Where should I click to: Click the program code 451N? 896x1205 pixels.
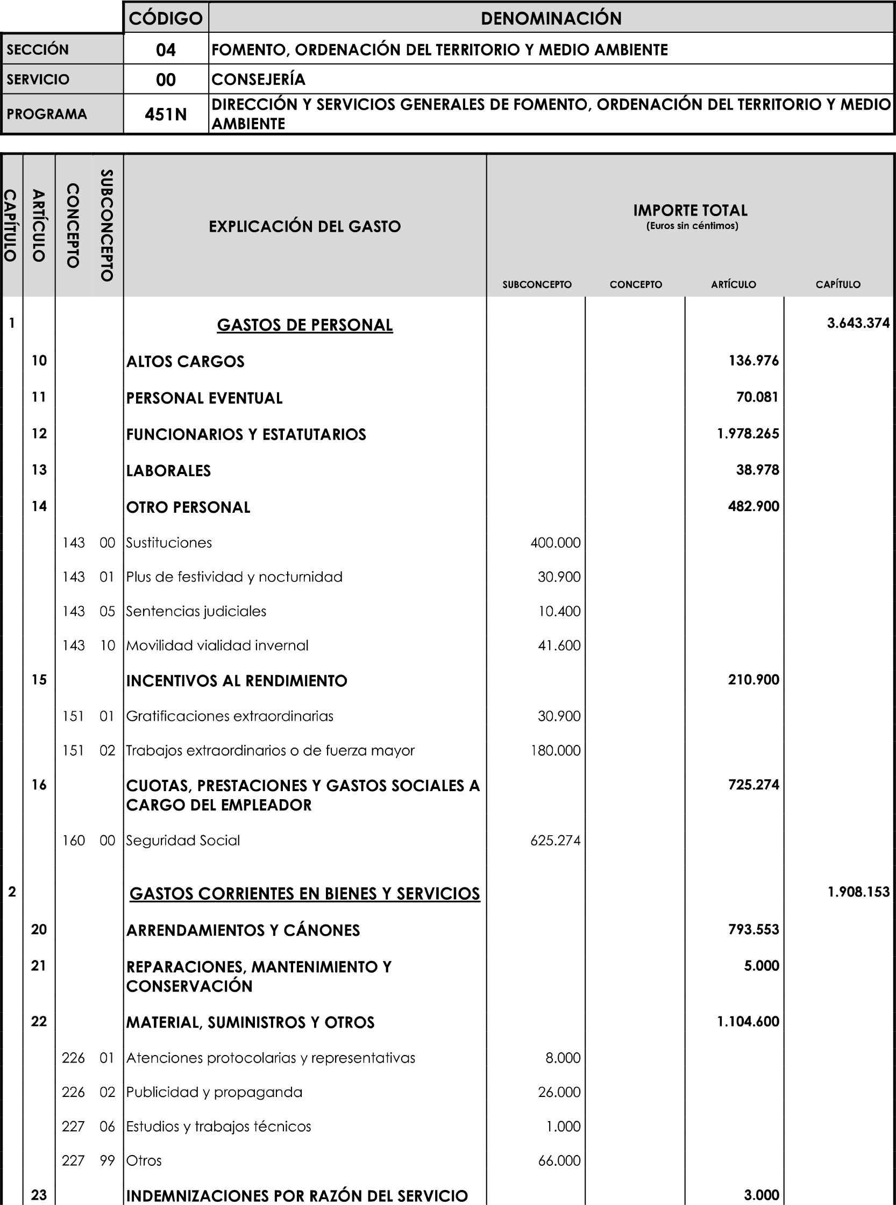[x=166, y=114]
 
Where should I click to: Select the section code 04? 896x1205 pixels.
[x=166, y=50]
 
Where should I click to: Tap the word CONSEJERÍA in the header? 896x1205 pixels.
[x=258, y=80]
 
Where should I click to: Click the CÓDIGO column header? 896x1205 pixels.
[x=166, y=18]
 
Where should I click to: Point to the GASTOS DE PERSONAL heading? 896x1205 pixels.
[x=305, y=325]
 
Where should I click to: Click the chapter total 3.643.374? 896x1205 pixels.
[x=858, y=323]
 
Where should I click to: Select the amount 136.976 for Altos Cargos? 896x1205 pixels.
[x=753, y=361]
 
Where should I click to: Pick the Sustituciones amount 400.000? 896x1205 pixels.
[x=556, y=543]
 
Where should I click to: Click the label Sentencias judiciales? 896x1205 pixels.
[x=196, y=612]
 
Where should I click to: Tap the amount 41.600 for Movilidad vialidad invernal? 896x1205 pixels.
[x=559, y=645]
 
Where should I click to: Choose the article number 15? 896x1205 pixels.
[x=39, y=680]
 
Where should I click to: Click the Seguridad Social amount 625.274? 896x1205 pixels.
[x=556, y=841]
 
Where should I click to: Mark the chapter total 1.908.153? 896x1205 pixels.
[x=858, y=892]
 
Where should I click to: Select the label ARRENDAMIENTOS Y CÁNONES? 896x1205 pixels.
[x=243, y=930]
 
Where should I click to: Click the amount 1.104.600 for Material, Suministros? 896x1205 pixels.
[x=748, y=1022]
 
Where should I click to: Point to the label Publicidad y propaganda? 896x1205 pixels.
[x=214, y=1092]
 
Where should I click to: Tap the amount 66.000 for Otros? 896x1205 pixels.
[x=559, y=1160]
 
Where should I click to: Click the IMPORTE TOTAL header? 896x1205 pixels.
[x=690, y=210]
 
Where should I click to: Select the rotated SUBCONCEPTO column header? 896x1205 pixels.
[x=107, y=226]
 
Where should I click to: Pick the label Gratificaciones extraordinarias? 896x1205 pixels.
[x=230, y=716]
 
